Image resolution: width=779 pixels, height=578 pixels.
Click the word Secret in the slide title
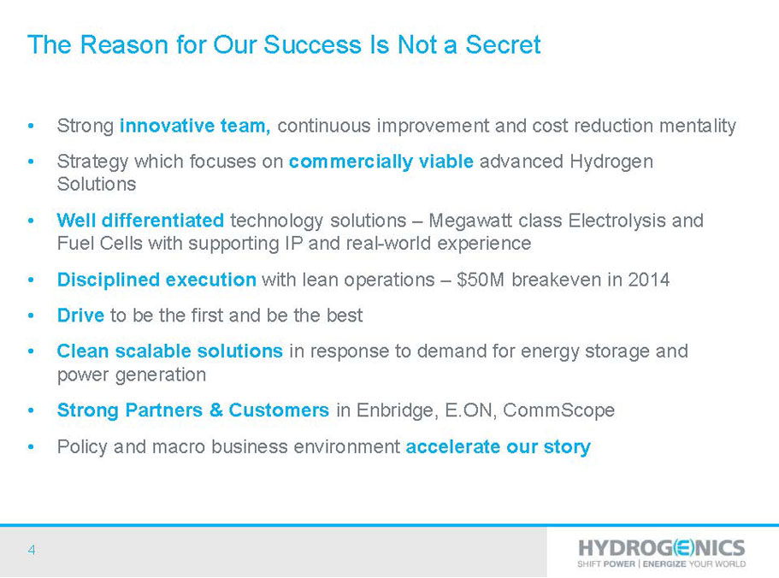pyautogui.click(x=503, y=44)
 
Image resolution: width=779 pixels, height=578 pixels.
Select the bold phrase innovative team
pyautogui.click(x=195, y=126)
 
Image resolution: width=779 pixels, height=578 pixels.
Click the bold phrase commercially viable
pyautogui.click(x=381, y=162)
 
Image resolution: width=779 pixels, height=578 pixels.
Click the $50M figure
pyautogui.click(x=481, y=280)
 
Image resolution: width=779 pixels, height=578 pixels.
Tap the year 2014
pyautogui.click(x=648, y=280)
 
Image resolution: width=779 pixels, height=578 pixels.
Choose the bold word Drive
pyautogui.click(x=80, y=316)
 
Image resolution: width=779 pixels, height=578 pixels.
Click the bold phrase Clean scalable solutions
pyautogui.click(x=170, y=351)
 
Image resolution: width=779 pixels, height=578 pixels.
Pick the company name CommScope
pyautogui.click(x=559, y=410)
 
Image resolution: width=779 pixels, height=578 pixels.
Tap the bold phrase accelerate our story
pyautogui.click(x=499, y=447)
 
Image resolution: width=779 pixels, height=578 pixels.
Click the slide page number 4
pyautogui.click(x=32, y=550)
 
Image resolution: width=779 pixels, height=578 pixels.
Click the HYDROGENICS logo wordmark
pyautogui.click(x=662, y=548)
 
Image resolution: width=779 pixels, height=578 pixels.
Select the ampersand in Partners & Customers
pyautogui.click(x=215, y=410)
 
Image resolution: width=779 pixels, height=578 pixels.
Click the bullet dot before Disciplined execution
pyautogui.click(x=32, y=280)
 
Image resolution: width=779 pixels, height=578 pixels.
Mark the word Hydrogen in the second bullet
pyautogui.click(x=611, y=162)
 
